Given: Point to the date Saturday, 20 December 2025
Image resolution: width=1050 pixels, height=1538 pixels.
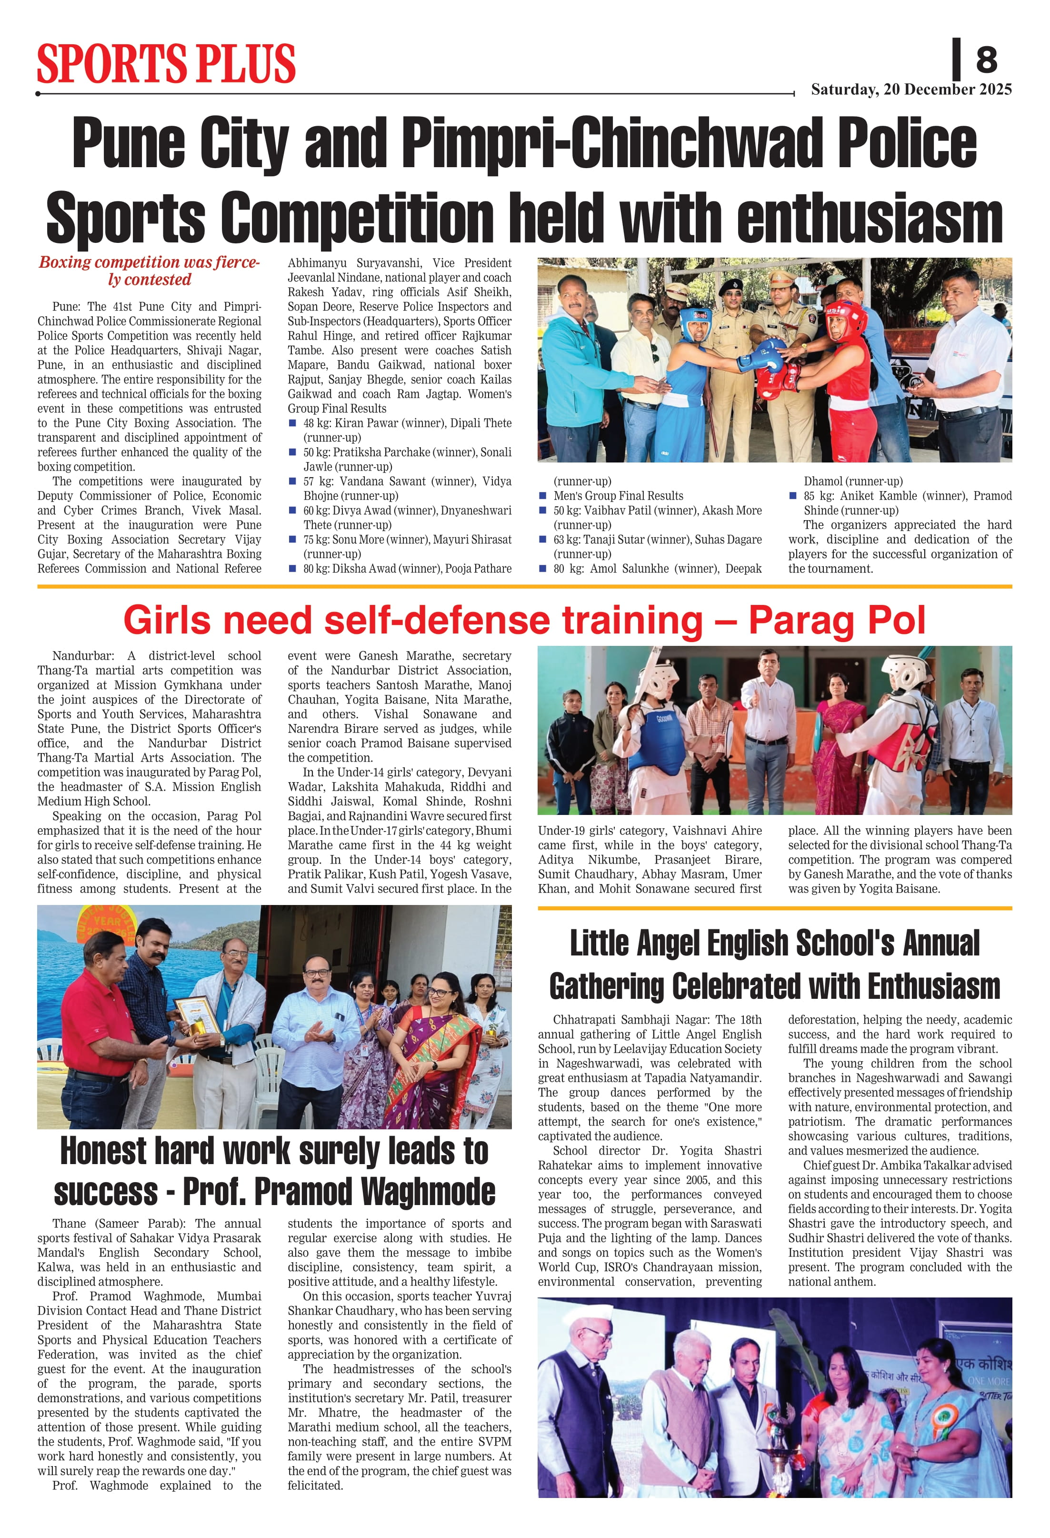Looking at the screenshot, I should click(911, 90).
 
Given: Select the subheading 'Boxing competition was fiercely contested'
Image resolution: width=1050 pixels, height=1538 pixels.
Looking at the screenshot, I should click(149, 271).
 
